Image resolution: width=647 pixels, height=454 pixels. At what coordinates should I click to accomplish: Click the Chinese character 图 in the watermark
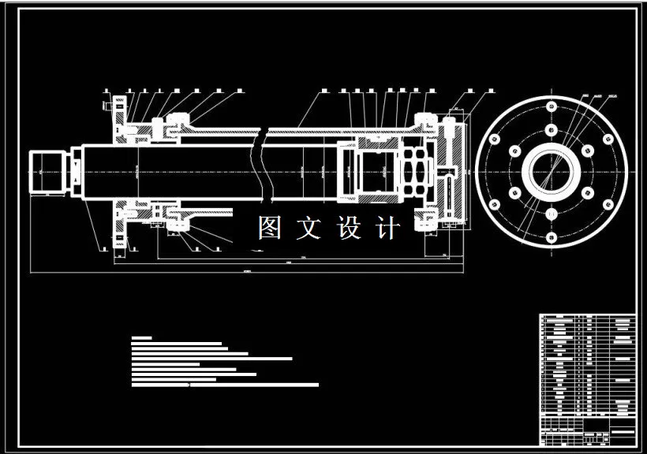270,228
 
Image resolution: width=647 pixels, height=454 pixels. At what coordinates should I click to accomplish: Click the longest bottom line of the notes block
224,385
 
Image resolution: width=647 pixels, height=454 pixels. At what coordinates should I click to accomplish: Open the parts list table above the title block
588,367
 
